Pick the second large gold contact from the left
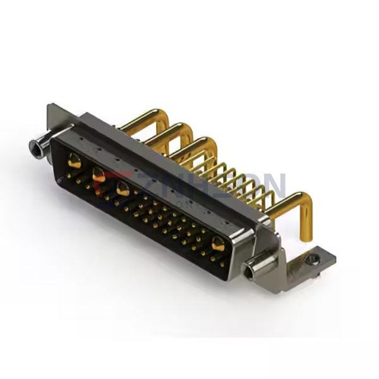pos(99,174)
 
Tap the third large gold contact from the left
pos(123,188)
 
